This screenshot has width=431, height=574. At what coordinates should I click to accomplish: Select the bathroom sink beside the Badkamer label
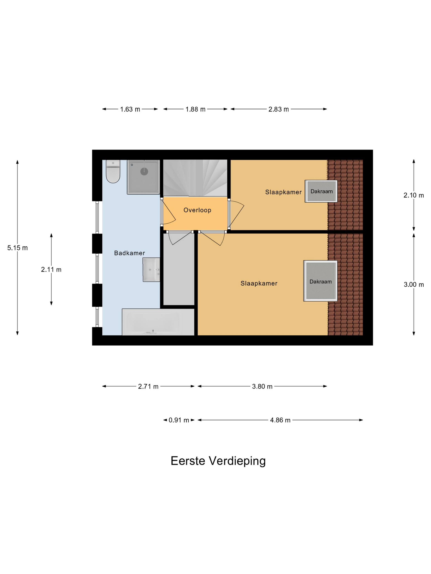pos(151,270)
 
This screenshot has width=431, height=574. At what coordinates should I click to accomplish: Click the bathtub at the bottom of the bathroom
pos(158,322)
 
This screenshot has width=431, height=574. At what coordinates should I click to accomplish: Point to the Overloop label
pos(197,210)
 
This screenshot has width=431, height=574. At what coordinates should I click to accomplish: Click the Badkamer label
pos(129,253)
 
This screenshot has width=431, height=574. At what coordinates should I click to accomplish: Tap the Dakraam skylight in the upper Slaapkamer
pos(321,191)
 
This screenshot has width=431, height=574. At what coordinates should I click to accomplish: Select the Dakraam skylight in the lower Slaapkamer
pos(320,281)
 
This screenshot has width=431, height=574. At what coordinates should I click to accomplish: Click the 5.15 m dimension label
pos(17,248)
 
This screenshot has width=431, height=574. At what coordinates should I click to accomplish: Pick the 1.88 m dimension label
pos(195,109)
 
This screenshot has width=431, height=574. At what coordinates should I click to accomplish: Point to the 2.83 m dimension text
pos(279,109)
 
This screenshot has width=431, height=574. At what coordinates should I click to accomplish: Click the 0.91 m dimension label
pos(179,420)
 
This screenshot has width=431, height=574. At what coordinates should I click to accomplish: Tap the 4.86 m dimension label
pos(280,420)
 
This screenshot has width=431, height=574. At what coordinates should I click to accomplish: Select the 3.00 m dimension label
pos(414,285)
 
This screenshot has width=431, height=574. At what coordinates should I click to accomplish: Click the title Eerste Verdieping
pos(218,461)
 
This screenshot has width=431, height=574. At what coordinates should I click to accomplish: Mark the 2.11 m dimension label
pos(51,270)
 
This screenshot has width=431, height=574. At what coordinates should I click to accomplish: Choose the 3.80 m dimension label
pos(262,386)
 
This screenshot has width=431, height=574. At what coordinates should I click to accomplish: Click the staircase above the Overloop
pos(195,178)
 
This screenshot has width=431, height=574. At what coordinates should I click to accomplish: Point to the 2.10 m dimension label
pos(414,195)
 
